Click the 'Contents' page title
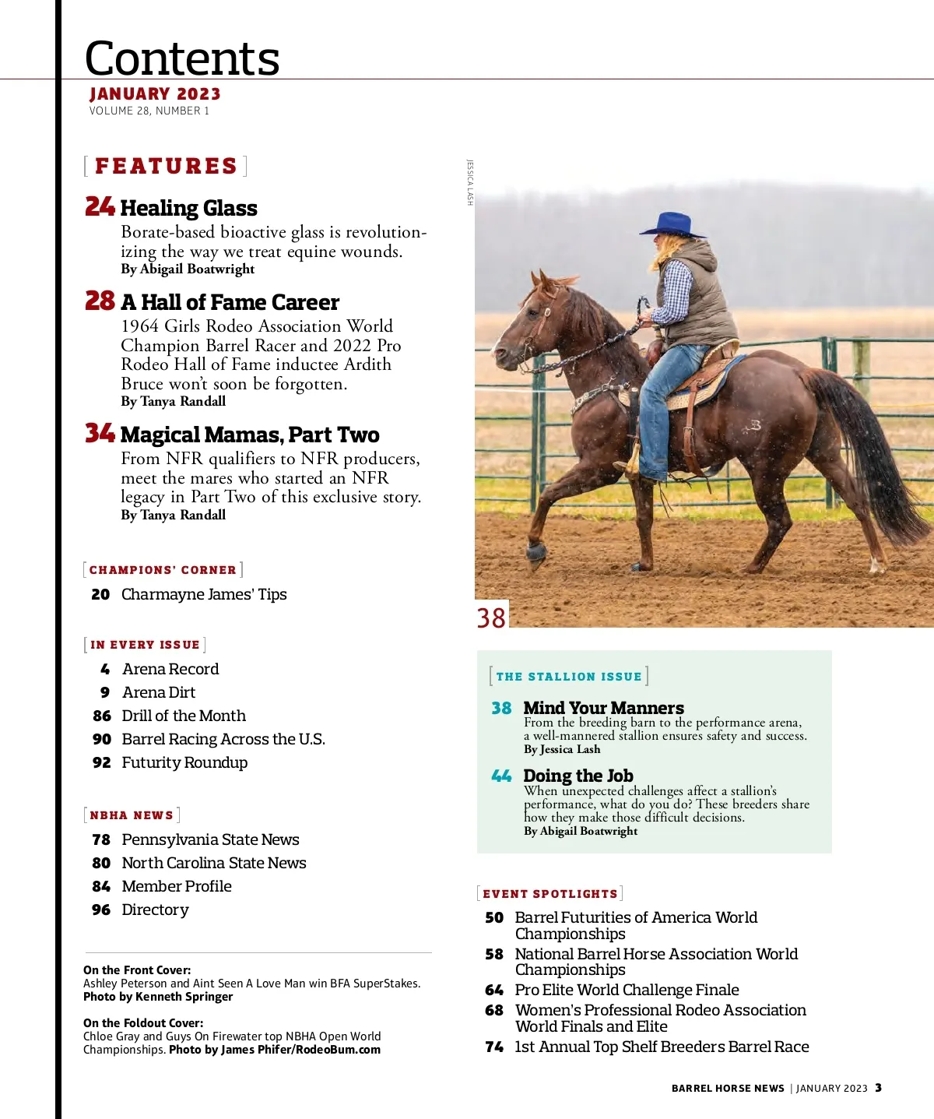click(181, 58)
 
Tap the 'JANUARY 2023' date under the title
click(155, 94)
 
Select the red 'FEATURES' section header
click(166, 166)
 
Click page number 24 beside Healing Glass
click(100, 206)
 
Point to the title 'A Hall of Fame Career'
click(230, 302)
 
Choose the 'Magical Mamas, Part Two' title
click(250, 435)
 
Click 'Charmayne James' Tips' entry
click(204, 594)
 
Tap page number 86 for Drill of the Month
click(102, 716)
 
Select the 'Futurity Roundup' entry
click(184, 762)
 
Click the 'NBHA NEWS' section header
click(132, 815)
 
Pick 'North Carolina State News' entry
click(214, 863)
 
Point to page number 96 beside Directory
click(101, 910)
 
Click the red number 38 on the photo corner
click(491, 618)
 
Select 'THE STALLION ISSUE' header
click(569, 677)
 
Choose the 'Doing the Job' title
click(578, 776)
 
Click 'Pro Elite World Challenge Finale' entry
click(627, 990)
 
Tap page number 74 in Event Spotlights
click(494, 1047)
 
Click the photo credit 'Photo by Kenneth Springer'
click(158, 997)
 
